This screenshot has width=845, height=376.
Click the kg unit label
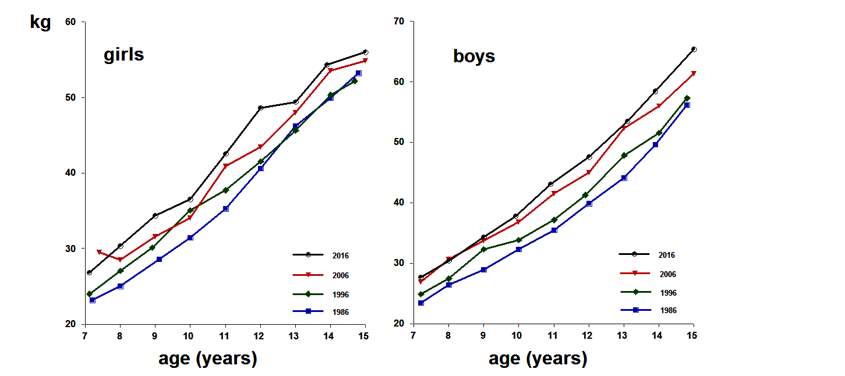click(41, 23)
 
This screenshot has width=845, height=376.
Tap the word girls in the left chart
click(123, 55)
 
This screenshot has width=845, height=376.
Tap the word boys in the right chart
click(474, 56)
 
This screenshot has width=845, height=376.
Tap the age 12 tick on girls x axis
click(260, 336)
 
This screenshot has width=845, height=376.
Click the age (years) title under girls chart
click(207, 359)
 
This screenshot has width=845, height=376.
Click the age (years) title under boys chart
click(538, 359)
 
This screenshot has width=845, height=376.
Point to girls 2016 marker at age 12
click(260, 108)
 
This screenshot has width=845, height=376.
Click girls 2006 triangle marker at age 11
click(225, 166)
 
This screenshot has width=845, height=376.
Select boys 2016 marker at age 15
click(694, 49)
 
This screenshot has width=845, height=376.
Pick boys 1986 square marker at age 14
click(655, 144)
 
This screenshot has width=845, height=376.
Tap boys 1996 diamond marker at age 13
click(624, 155)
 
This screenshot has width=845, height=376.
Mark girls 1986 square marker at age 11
click(225, 208)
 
